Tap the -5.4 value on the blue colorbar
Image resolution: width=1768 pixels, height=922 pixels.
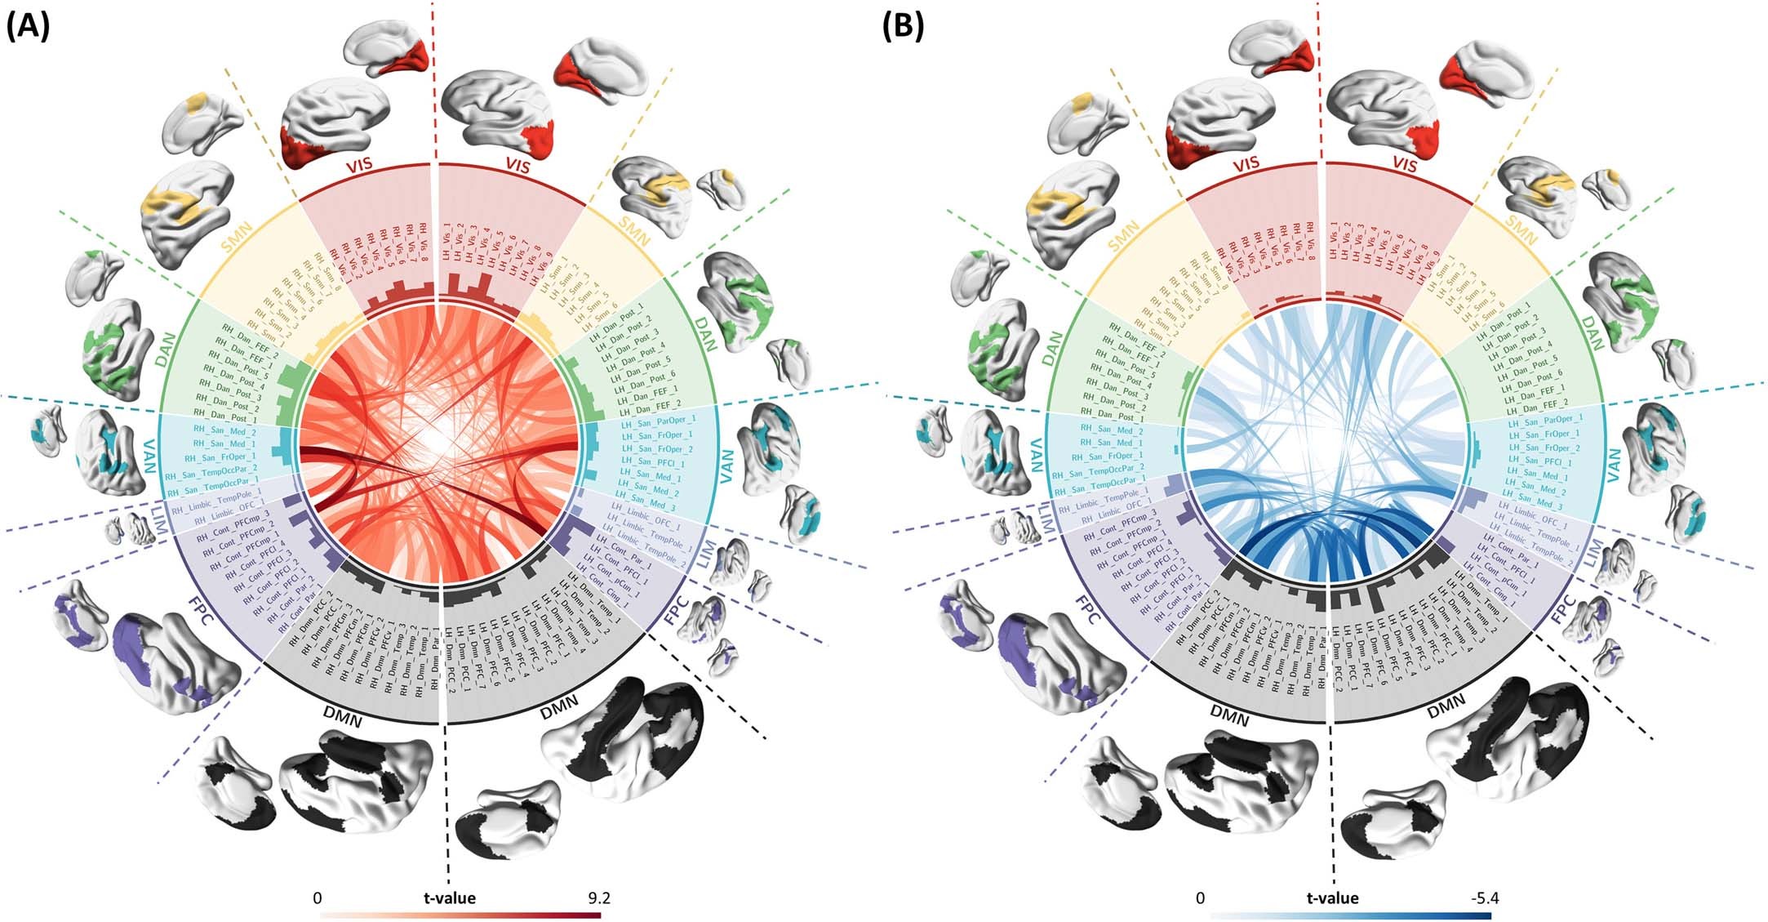pyautogui.click(x=1483, y=898)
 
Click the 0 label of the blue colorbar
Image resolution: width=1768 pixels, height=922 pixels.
pyautogui.click(x=1200, y=898)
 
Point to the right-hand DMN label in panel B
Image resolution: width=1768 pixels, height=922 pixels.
pyautogui.click(x=1446, y=702)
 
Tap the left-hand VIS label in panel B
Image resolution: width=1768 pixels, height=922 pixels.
pyautogui.click(x=1245, y=163)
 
